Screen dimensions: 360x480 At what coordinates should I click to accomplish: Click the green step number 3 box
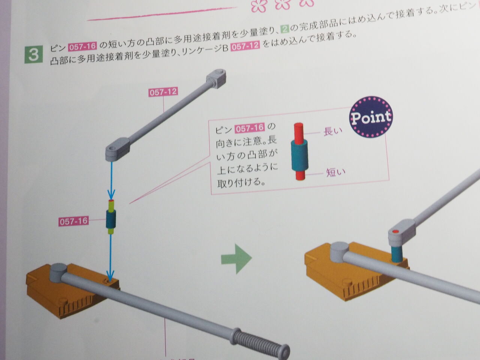(33, 54)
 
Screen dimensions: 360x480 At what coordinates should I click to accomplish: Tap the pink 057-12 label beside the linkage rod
(163, 92)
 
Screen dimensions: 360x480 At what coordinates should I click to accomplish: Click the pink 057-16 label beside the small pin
(74, 221)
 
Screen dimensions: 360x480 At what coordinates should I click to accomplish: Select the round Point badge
(370, 117)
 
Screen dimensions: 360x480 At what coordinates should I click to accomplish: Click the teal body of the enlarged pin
(300, 156)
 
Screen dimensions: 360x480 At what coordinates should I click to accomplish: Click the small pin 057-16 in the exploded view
(111, 217)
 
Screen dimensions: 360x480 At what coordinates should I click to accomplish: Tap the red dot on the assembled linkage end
(395, 231)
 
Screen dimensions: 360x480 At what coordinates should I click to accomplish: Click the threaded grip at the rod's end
(259, 340)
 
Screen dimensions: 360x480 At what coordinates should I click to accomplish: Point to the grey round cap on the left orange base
(58, 270)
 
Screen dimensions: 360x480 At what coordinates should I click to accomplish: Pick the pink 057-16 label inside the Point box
(249, 129)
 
